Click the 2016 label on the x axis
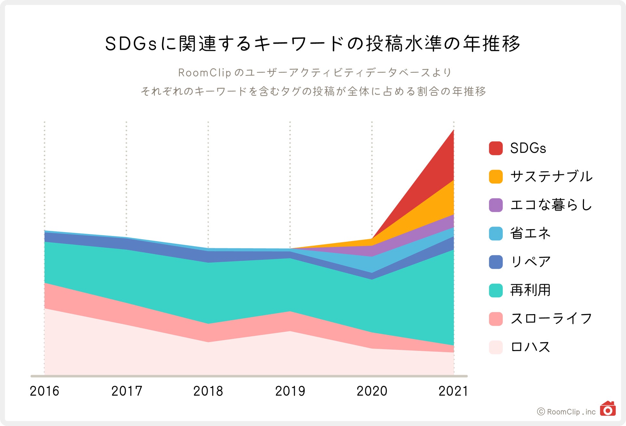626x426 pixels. (44, 391)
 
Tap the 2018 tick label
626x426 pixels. (208, 391)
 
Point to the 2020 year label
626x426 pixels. (372, 391)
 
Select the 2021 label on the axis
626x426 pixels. (453, 391)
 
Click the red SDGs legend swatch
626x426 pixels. (496, 148)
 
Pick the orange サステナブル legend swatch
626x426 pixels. (496, 177)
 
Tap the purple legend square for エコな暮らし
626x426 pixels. (496, 205)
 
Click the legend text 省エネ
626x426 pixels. (530, 233)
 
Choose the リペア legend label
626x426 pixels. (530, 262)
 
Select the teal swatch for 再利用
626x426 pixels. (496, 290)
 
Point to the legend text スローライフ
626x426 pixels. (551, 319)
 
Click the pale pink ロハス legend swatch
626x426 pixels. (496, 347)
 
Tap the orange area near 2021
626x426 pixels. (440, 206)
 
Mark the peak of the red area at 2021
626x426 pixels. (453, 130)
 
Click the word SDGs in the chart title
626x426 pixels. (131, 44)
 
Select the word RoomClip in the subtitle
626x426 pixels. (204, 73)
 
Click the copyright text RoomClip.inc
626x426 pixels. (571, 412)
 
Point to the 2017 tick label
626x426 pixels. (126, 391)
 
